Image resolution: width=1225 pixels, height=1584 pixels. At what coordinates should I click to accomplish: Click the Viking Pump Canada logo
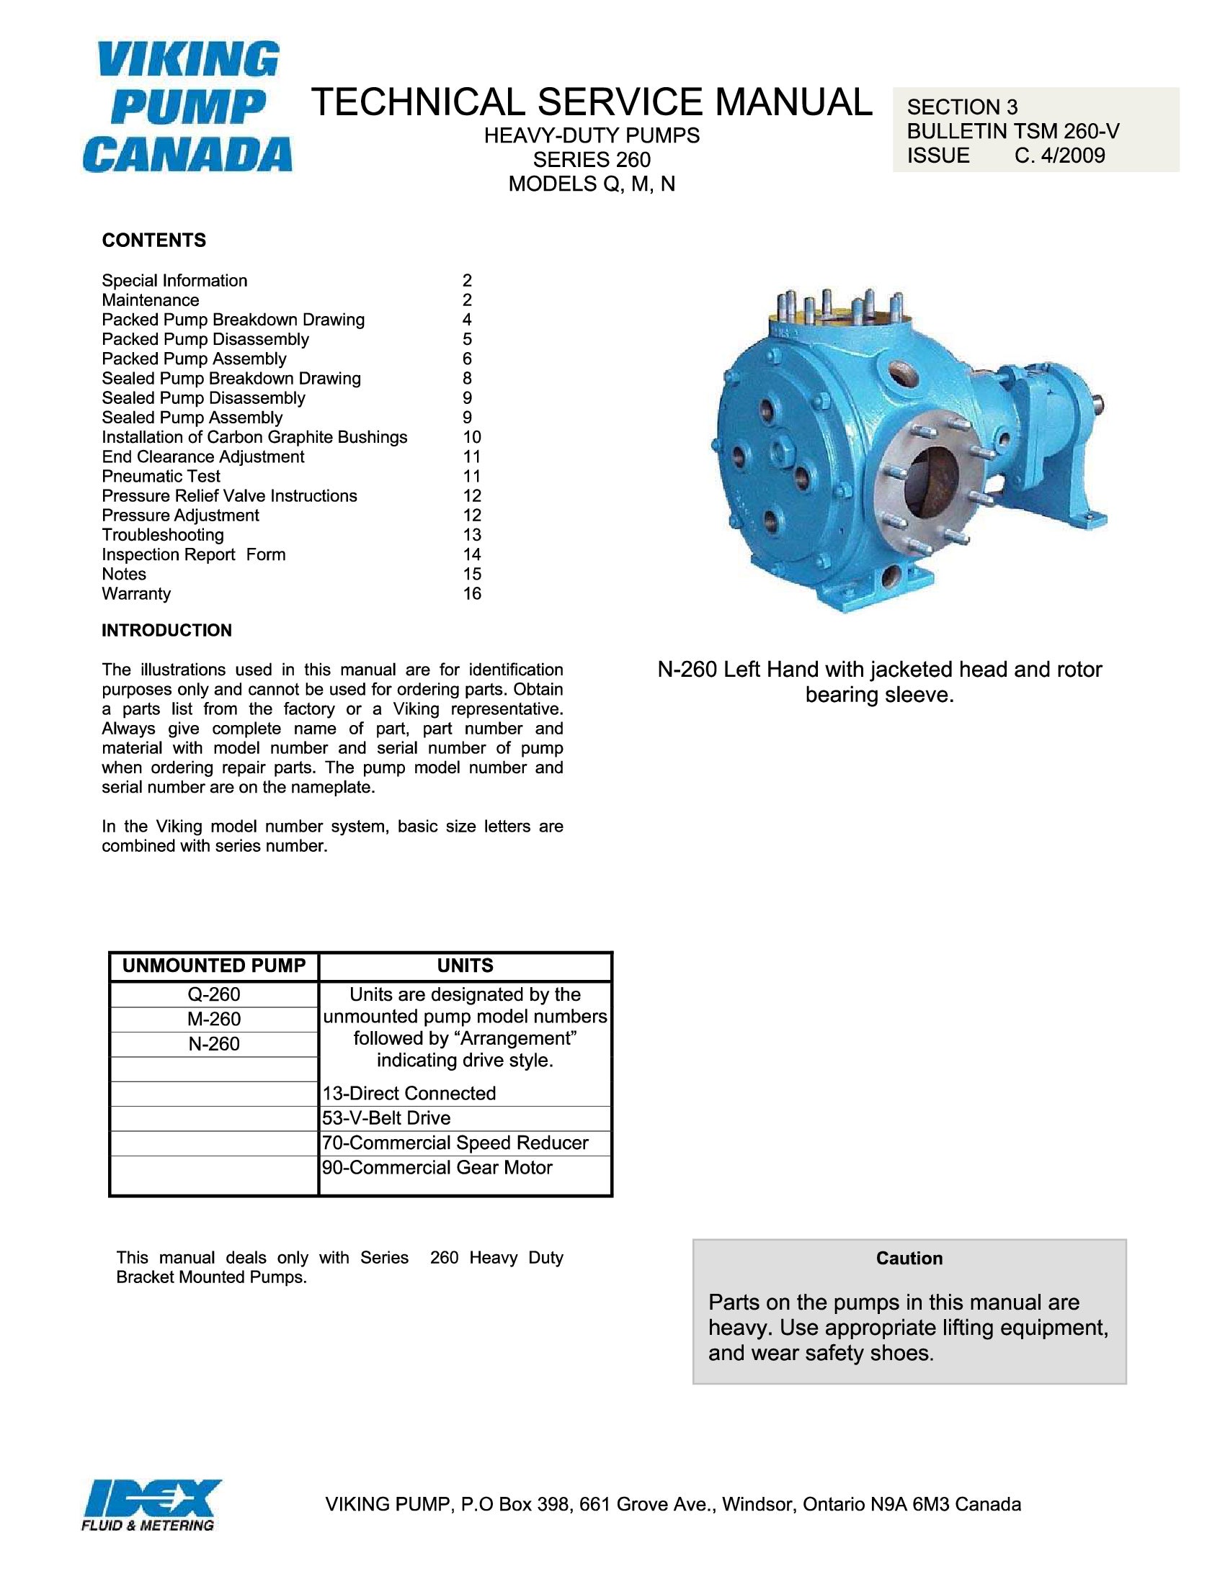pos(187,107)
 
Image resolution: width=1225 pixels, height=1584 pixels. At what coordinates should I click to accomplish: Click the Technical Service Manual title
pos(592,102)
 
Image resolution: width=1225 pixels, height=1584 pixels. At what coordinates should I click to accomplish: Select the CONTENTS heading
pos(154,240)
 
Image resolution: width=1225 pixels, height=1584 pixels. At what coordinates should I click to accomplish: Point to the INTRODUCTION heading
pos(167,630)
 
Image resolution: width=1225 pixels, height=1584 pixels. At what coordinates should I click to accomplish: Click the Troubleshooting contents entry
pos(163,535)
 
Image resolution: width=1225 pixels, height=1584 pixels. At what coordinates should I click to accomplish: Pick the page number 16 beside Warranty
pos(472,594)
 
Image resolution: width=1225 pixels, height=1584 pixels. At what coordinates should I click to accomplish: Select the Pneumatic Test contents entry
pos(161,477)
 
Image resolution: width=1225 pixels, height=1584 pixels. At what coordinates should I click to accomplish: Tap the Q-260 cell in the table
pos(213,994)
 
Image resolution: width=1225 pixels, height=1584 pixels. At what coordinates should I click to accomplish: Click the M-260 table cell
pos(213,1019)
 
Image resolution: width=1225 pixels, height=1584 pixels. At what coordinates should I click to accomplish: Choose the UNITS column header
pos(465,966)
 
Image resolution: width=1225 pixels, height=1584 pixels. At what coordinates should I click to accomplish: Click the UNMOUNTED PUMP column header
pos(214,966)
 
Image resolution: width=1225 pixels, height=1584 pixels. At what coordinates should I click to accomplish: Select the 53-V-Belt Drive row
pos(387,1118)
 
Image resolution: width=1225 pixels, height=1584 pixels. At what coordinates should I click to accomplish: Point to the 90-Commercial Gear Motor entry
pos(437,1168)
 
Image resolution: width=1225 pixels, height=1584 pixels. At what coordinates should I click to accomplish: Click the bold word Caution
pos(909,1259)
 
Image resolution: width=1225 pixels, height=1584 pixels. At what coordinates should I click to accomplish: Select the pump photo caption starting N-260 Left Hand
pos(880,682)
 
